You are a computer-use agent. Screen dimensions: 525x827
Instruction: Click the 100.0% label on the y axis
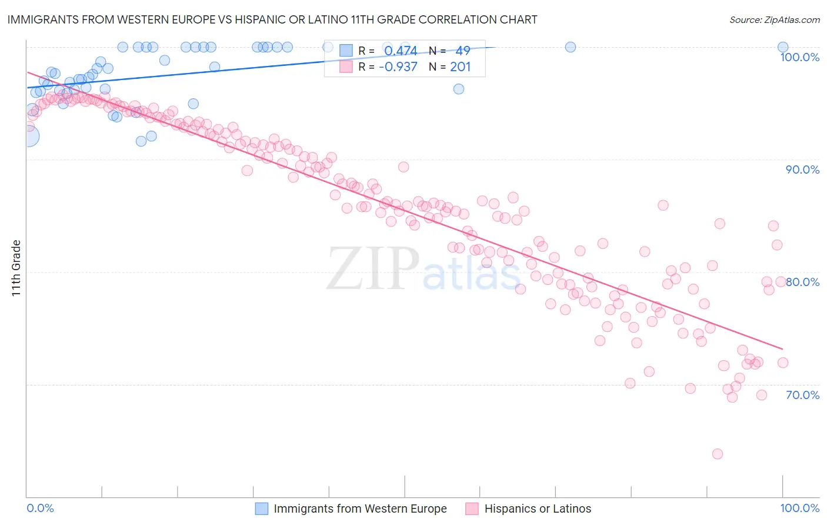click(799, 57)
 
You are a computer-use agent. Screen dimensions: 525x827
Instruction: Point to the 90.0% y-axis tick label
click(802, 170)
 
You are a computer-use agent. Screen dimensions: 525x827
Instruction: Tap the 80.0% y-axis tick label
click(802, 282)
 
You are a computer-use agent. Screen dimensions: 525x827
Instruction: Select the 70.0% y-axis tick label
click(802, 395)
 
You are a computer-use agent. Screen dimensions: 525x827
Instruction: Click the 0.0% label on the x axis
click(40, 508)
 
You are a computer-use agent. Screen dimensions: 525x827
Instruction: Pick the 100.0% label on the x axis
click(799, 508)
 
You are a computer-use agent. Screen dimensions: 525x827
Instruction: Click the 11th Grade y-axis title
click(16, 268)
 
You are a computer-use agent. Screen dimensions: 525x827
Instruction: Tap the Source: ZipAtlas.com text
click(774, 20)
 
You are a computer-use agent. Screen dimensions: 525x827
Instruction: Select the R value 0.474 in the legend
click(401, 51)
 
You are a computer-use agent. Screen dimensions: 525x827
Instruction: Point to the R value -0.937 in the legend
click(398, 67)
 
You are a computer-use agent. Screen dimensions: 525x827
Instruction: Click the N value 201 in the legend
click(460, 67)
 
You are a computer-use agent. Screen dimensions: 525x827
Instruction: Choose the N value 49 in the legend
click(462, 51)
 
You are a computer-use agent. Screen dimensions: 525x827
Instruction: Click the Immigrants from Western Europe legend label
click(360, 509)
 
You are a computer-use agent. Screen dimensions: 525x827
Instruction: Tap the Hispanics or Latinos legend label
click(538, 509)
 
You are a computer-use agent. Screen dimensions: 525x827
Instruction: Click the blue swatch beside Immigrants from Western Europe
click(261, 509)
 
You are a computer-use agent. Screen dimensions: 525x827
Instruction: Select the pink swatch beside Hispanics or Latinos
click(472, 509)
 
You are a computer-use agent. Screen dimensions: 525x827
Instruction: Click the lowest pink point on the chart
click(717, 454)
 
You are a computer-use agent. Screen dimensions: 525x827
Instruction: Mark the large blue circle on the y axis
click(28, 137)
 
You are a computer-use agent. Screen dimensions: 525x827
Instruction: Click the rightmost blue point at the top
click(783, 47)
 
